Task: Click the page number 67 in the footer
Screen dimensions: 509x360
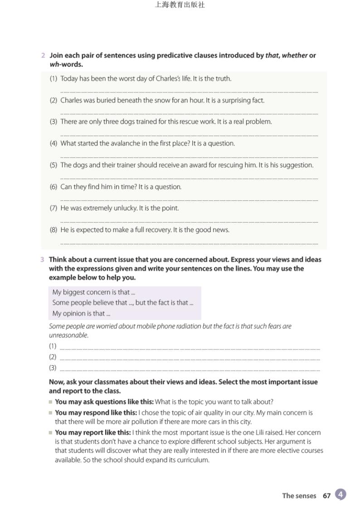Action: pyautogui.click(x=326, y=496)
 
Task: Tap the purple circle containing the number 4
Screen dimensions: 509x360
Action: pyautogui.click(x=341, y=494)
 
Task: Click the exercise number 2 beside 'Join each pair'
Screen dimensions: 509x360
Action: pyautogui.click(x=43, y=56)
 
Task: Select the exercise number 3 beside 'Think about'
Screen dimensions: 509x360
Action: pyautogui.click(x=42, y=260)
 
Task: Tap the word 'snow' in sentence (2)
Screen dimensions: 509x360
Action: pyautogui.click(x=163, y=101)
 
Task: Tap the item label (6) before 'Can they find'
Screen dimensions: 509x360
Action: pyautogui.click(x=54, y=187)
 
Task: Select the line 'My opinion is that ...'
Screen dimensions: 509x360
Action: pyautogui.click(x=82, y=314)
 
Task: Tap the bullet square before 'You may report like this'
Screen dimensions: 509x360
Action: pyautogui.click(x=51, y=432)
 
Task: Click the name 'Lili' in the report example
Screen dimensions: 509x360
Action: pyautogui.click(x=268, y=432)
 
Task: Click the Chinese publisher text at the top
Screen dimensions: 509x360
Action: pyautogui.click(x=180, y=5)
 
